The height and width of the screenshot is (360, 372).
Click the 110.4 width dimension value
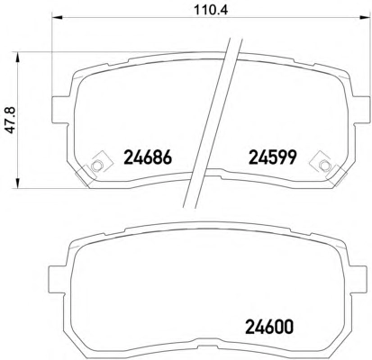[211, 10]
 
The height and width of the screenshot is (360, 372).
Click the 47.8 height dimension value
[12, 121]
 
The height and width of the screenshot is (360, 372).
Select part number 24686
[148, 157]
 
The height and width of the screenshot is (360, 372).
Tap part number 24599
[273, 157]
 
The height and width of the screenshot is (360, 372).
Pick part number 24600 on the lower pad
[269, 327]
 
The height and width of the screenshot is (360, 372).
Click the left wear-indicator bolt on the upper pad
[95, 165]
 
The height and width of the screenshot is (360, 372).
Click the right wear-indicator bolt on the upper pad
[323, 165]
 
